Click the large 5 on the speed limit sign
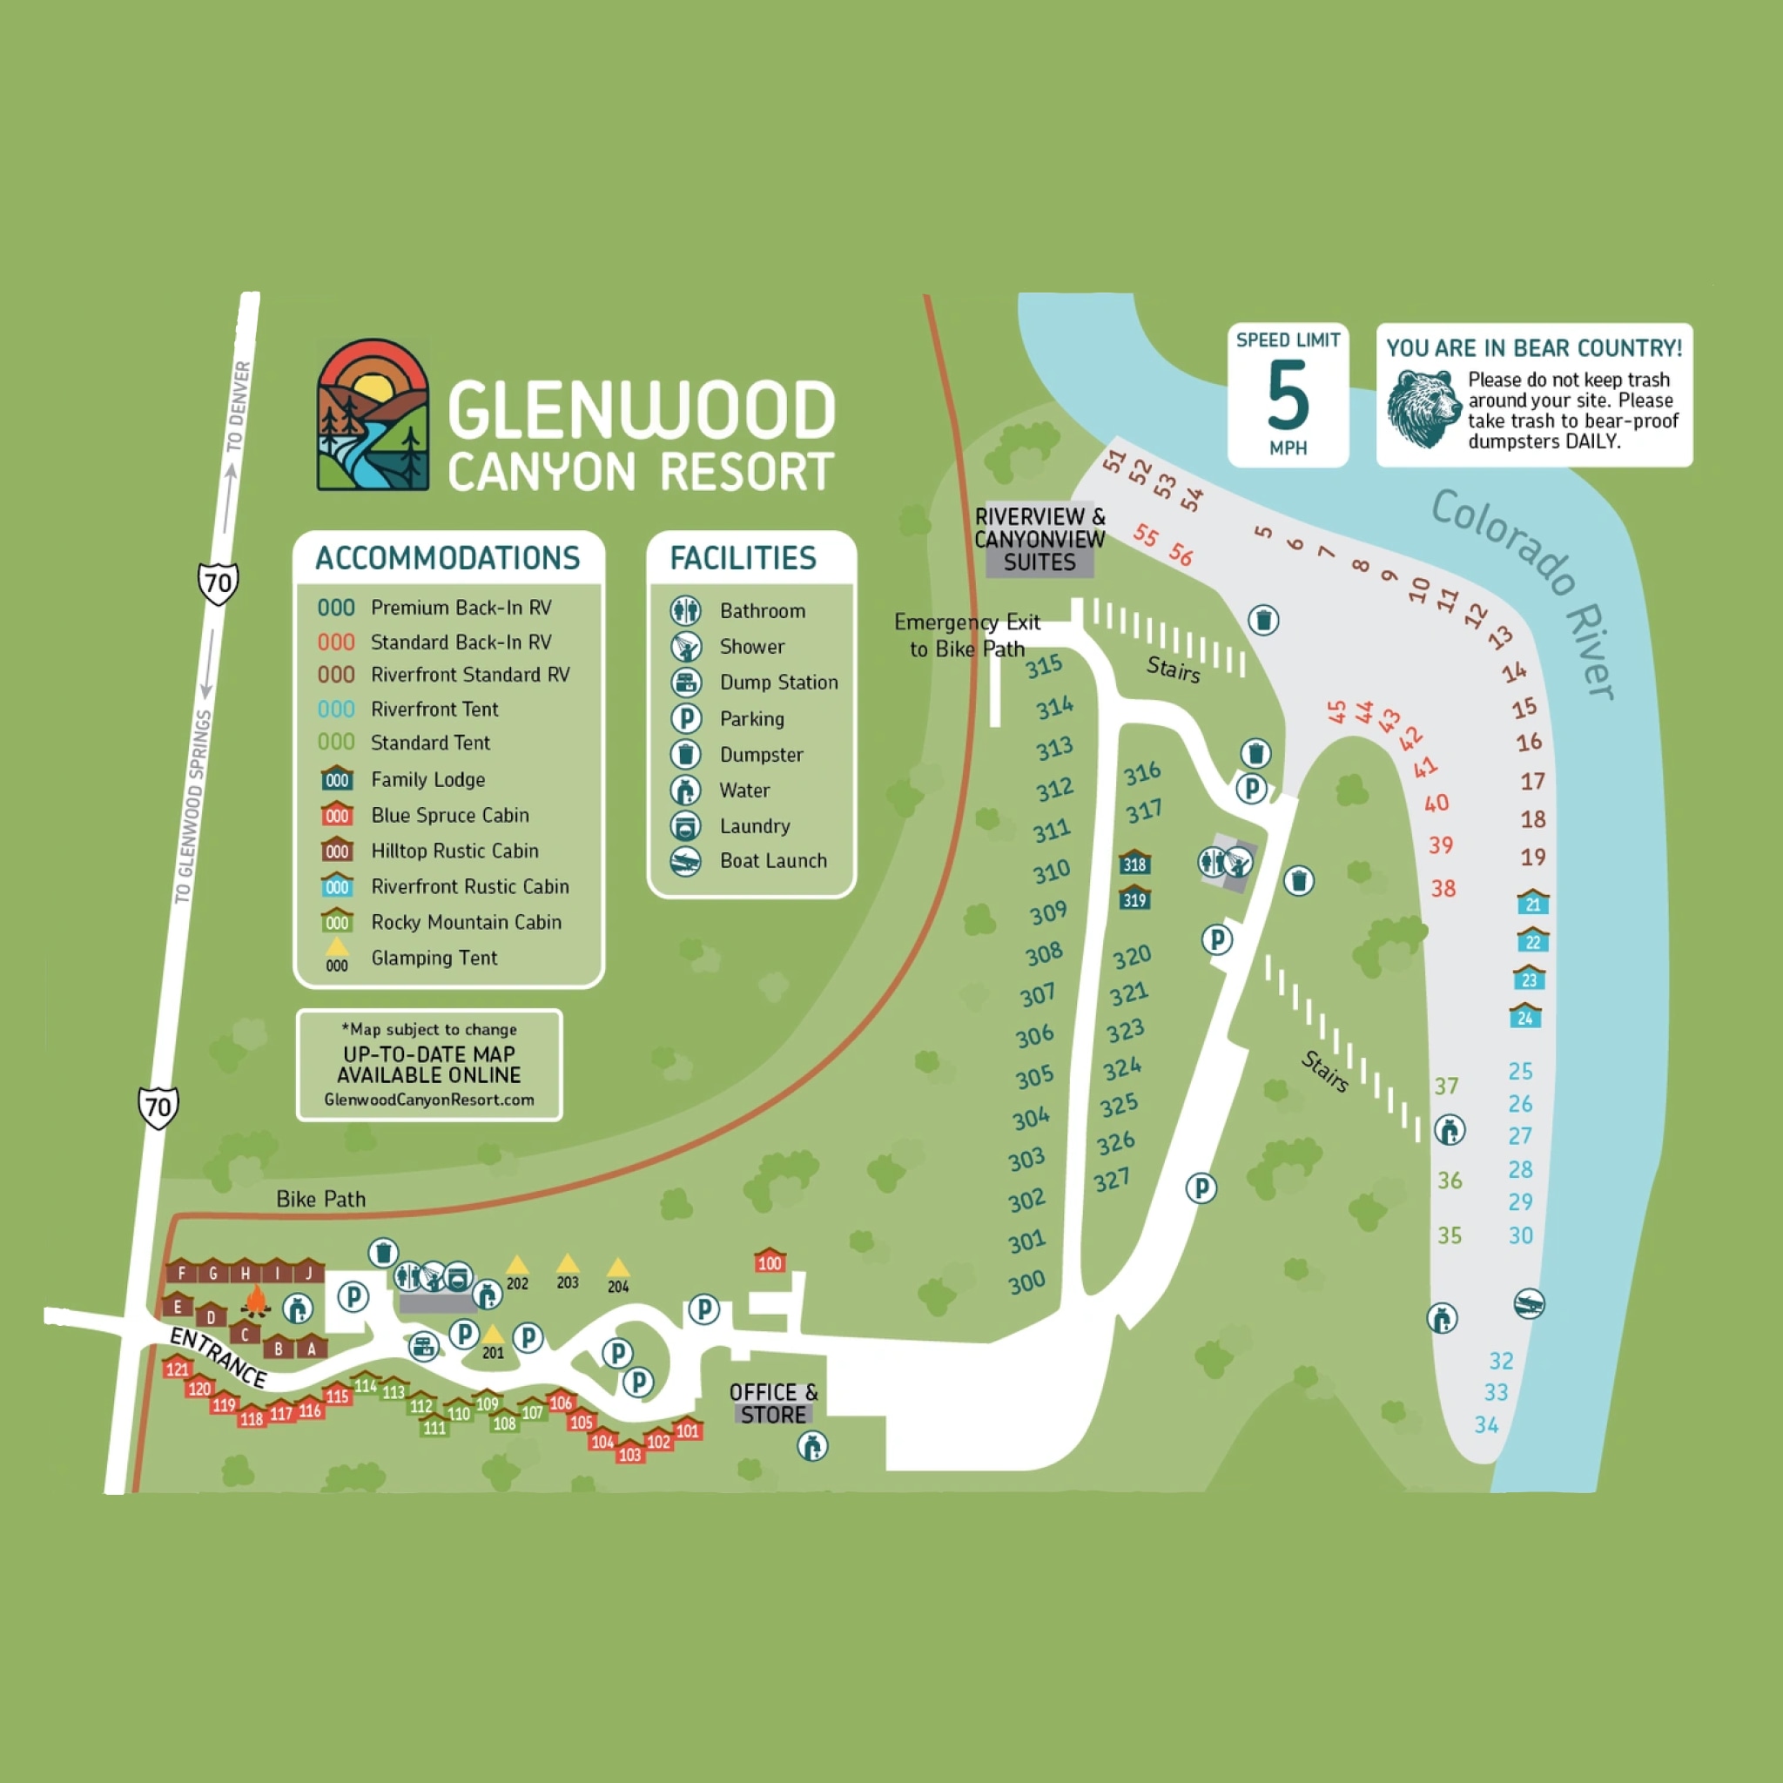(1288, 395)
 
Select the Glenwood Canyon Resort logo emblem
(373, 414)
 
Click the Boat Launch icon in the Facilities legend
(686, 861)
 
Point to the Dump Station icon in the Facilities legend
(686, 683)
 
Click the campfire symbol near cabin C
(256, 1302)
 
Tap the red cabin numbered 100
(770, 1261)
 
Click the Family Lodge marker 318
(1134, 862)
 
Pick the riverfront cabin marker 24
(1524, 1015)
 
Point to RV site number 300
(1026, 1282)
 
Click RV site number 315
(1044, 666)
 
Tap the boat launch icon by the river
(1529, 1304)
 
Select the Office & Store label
(773, 1403)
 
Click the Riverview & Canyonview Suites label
(1040, 539)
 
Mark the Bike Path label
(321, 1199)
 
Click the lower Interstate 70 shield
(158, 1107)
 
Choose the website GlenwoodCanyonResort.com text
(429, 1100)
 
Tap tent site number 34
(1486, 1425)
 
